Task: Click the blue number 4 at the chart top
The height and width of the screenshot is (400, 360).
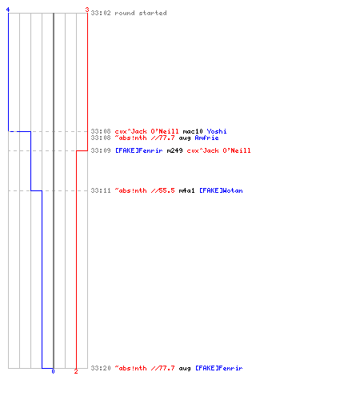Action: pyautogui.click(x=8, y=10)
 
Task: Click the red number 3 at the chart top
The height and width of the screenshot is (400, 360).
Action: pyautogui.click(x=87, y=10)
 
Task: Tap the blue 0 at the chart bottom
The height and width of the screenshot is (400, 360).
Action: pyautogui.click(x=53, y=371)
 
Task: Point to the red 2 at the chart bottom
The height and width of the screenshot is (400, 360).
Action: pyautogui.click(x=76, y=371)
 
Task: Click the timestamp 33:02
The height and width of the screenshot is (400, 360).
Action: pyautogui.click(x=101, y=13)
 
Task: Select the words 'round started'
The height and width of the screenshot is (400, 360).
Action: pyautogui.click(x=141, y=13)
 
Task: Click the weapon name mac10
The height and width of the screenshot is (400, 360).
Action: pyautogui.click(x=193, y=131)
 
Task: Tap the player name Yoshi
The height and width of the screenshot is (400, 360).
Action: pyautogui.click(x=217, y=131)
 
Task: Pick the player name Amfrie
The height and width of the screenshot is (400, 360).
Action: pyautogui.click(x=206, y=138)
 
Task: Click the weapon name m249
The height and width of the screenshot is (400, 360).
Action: pyautogui.click(x=174, y=150)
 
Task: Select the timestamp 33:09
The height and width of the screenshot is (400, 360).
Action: pyautogui.click(x=101, y=150)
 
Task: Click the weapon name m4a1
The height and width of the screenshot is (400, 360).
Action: pyautogui.click(x=186, y=190)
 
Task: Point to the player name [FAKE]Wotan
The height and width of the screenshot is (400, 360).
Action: pyautogui.click(x=221, y=190)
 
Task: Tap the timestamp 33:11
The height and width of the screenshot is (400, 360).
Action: pyautogui.click(x=101, y=190)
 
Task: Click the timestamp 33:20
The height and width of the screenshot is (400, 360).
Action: pyautogui.click(x=101, y=368)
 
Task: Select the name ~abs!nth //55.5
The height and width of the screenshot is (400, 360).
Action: pyautogui.click(x=145, y=190)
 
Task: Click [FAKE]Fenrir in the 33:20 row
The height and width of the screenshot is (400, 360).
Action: pyautogui.click(x=219, y=368)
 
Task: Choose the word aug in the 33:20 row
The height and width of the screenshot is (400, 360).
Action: pyautogui.click(x=185, y=369)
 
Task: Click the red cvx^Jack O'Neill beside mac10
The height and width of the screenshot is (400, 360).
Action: pyautogui.click(x=146, y=131)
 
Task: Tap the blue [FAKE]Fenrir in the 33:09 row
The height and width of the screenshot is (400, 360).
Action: pyautogui.click(x=139, y=150)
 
